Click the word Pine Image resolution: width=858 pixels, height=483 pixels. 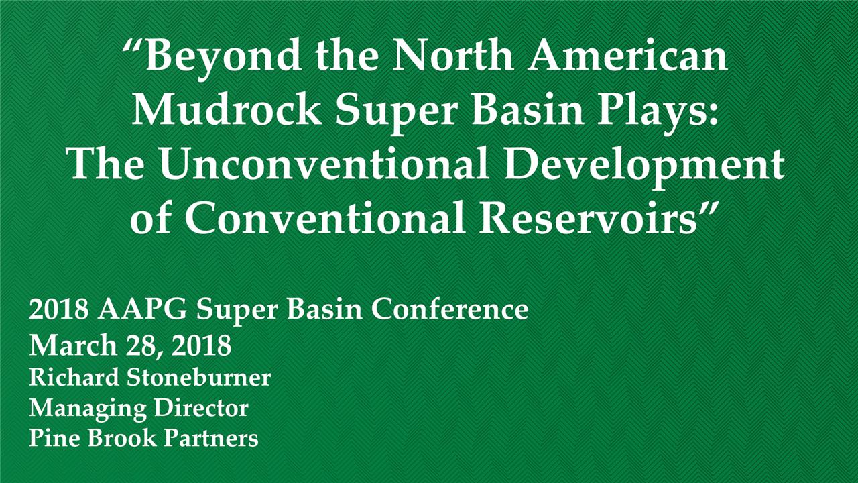click(x=51, y=439)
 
